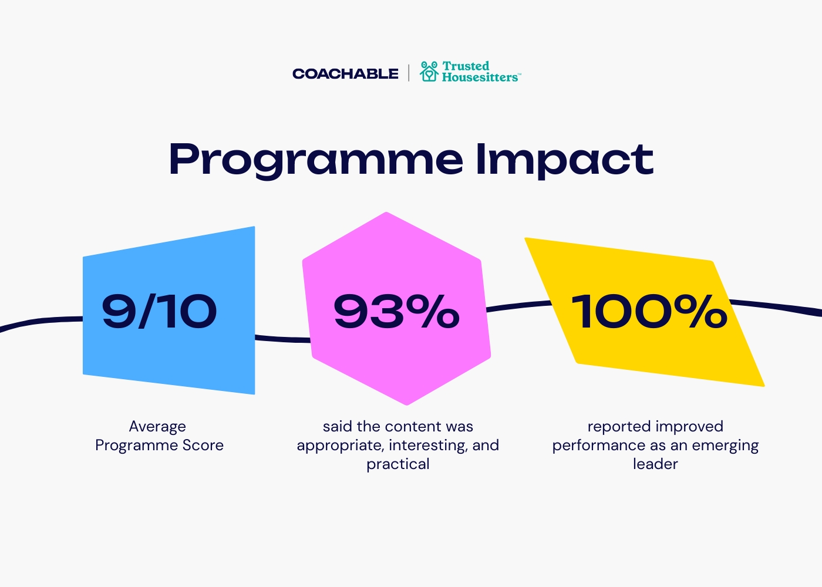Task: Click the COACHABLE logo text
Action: (x=345, y=74)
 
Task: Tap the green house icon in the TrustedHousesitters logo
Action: (x=429, y=71)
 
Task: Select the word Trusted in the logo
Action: (x=466, y=66)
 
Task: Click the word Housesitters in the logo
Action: (x=480, y=77)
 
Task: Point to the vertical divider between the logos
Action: (x=409, y=73)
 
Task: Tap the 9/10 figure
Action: (x=159, y=311)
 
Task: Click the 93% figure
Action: (x=396, y=311)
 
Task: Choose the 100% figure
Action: (x=649, y=311)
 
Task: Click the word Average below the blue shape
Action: (x=157, y=427)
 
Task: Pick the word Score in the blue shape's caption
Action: (x=203, y=446)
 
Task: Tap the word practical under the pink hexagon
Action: (x=398, y=465)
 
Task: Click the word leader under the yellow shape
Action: (x=655, y=464)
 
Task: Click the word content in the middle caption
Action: (x=413, y=427)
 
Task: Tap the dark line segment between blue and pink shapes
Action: (x=282, y=339)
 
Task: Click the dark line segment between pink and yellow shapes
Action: (x=519, y=305)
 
